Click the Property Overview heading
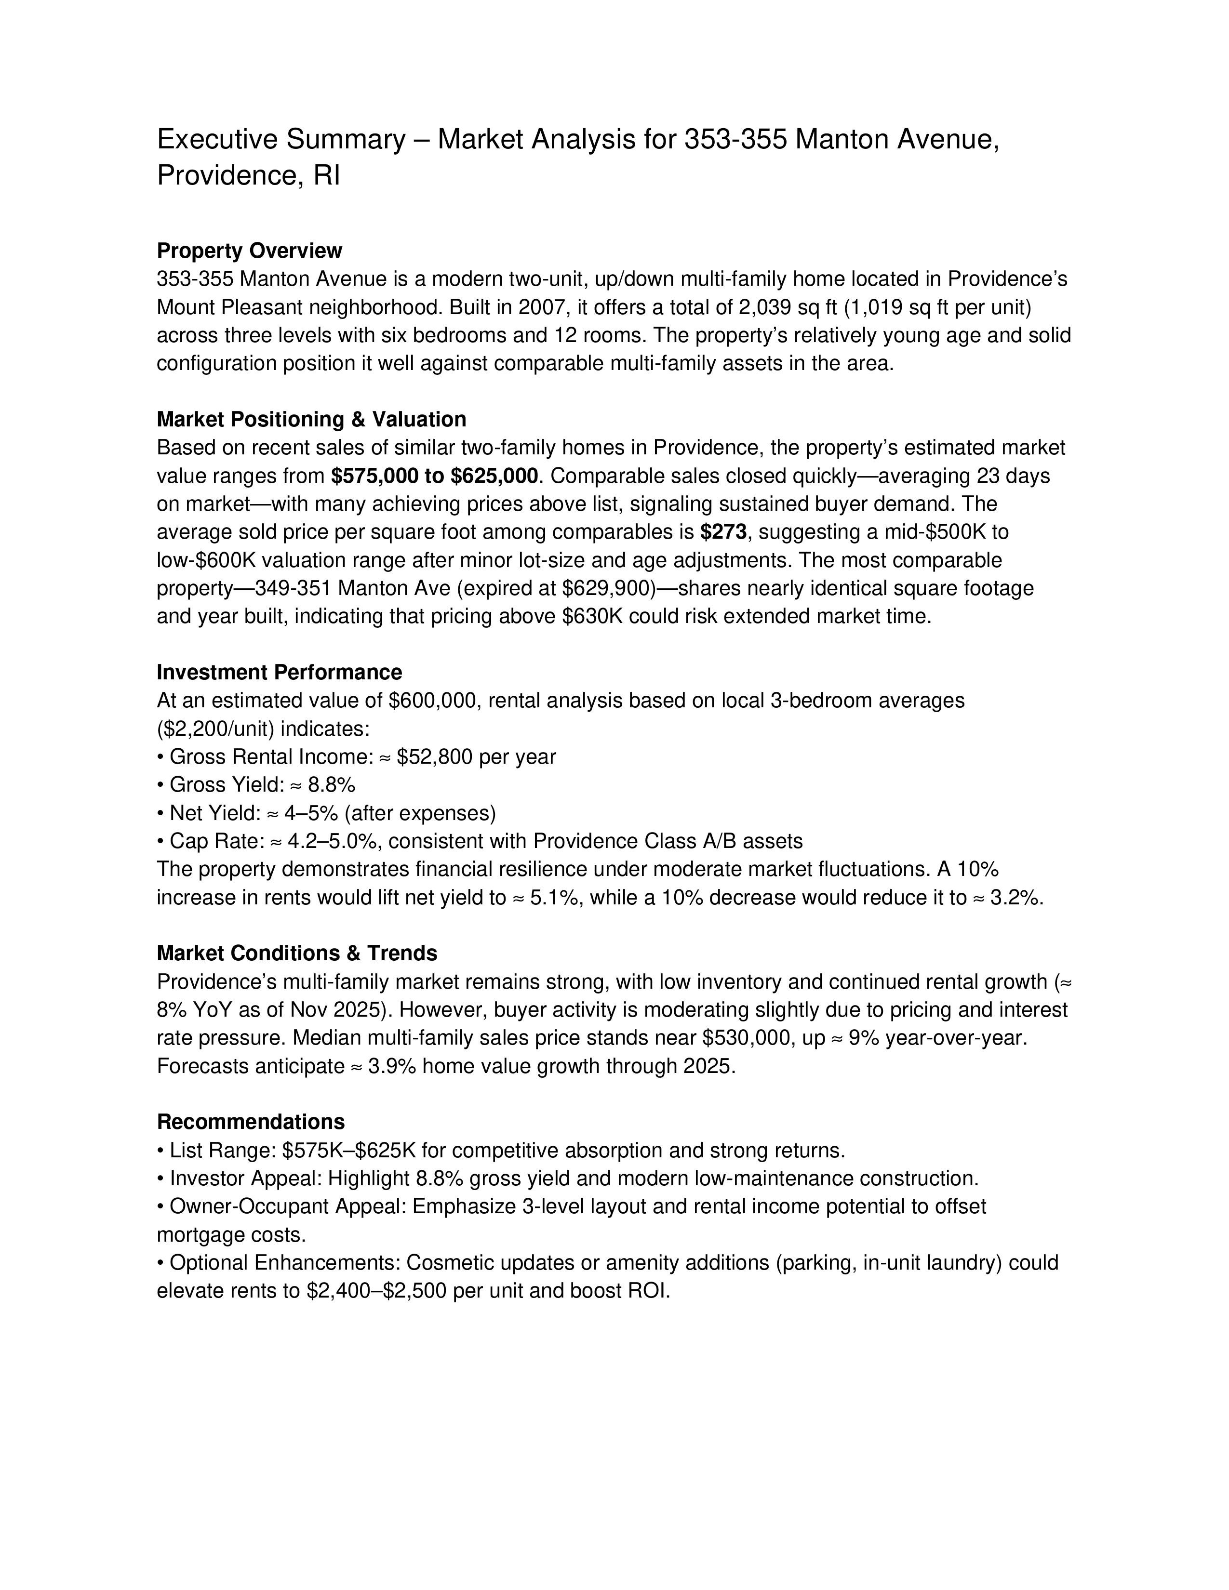pyautogui.click(x=249, y=251)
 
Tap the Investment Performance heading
pyautogui.click(x=279, y=672)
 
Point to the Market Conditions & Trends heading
pyautogui.click(x=297, y=953)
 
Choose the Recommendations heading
pyautogui.click(x=251, y=1121)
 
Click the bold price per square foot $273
pyautogui.click(x=723, y=532)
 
